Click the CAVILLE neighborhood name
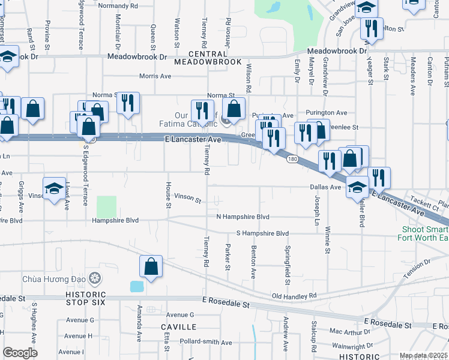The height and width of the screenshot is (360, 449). (x=179, y=327)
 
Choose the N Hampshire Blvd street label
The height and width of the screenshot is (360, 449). (x=243, y=216)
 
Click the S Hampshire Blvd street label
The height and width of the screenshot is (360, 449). (x=262, y=233)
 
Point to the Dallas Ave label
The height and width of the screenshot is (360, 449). (x=325, y=187)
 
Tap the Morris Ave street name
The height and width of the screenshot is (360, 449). (x=155, y=76)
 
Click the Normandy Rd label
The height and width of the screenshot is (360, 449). (x=118, y=6)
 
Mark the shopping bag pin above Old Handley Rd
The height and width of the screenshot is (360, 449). (x=151, y=267)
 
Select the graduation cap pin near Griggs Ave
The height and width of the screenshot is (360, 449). (x=54, y=189)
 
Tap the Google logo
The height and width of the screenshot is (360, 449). (x=20, y=353)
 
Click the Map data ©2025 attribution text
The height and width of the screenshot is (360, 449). (x=423, y=355)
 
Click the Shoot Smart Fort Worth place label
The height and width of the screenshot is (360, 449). (x=423, y=233)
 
